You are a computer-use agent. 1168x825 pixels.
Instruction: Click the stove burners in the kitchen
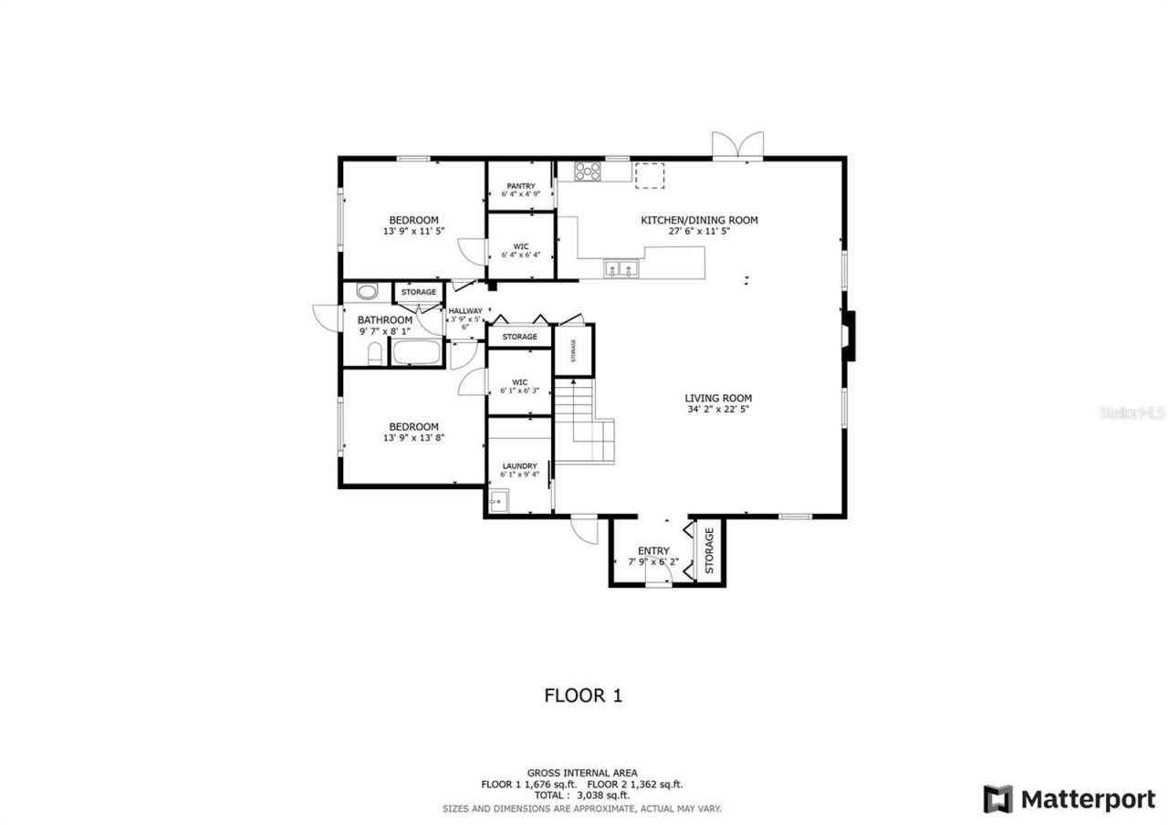pyautogui.click(x=588, y=171)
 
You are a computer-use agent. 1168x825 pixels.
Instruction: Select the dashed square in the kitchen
pyautogui.click(x=650, y=175)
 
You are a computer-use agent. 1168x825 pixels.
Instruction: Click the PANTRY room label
pyautogui.click(x=521, y=186)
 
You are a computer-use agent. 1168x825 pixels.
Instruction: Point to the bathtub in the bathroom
pyautogui.click(x=416, y=352)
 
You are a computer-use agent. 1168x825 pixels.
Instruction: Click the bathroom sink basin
pyautogui.click(x=367, y=292)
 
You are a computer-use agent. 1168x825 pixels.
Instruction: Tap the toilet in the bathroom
pyautogui.click(x=374, y=354)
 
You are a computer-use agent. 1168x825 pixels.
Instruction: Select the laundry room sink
pyautogui.click(x=498, y=501)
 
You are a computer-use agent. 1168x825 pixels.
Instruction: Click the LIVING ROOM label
pyautogui.click(x=718, y=398)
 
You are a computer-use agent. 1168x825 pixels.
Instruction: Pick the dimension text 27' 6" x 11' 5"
pyautogui.click(x=699, y=232)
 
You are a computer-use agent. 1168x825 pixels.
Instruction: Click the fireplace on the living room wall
pyautogui.click(x=848, y=336)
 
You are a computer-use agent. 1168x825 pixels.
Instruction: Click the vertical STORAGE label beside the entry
pyautogui.click(x=709, y=550)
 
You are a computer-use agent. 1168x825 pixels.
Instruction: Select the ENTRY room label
pyautogui.click(x=653, y=550)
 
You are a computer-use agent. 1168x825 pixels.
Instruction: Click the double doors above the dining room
pyautogui.click(x=737, y=146)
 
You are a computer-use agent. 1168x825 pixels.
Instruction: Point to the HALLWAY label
pyautogui.click(x=465, y=311)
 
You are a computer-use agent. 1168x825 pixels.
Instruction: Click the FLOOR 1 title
pyautogui.click(x=583, y=695)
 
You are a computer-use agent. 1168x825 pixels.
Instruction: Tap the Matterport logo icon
pyautogui.click(x=997, y=799)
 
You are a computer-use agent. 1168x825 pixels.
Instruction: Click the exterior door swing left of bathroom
pyautogui.click(x=326, y=316)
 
